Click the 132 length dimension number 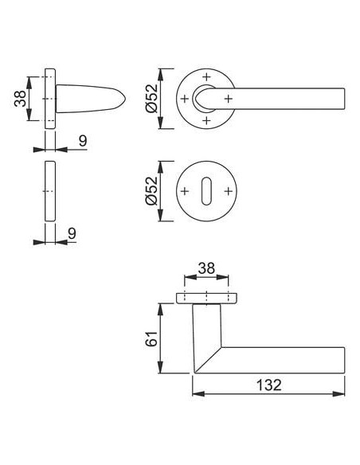tap(268, 385)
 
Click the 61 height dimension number tap(151, 338)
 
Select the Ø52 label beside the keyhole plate tap(151, 191)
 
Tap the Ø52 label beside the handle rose tap(151, 99)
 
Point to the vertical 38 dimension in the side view tap(21, 99)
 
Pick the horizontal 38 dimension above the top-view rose tap(206, 268)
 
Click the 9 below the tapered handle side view tap(83, 141)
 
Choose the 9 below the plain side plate tap(72, 233)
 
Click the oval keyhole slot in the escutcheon tap(206, 191)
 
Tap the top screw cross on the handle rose tap(206, 76)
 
